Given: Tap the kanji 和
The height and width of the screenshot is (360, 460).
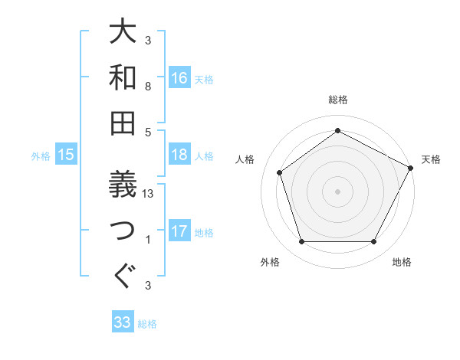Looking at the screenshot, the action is tap(123, 77).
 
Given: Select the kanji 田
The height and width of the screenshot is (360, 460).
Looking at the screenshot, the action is tap(123, 122).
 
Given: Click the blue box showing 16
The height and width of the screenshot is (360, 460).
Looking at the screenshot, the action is tap(179, 77).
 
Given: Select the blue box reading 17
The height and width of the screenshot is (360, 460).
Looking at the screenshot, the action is tap(179, 231).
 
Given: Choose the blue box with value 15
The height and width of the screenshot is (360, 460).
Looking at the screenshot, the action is tap(66, 155).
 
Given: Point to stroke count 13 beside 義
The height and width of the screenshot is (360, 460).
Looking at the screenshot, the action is tap(149, 194).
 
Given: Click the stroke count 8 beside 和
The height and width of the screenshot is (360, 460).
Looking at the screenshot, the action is tap(149, 87).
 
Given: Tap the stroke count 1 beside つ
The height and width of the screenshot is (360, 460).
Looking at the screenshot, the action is tap(149, 240).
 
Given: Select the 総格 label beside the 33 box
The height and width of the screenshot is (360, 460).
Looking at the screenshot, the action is tap(147, 324).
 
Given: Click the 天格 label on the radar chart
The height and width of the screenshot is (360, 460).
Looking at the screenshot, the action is tap(431, 159).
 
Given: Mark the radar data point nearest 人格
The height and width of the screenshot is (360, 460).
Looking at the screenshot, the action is tap(280, 172).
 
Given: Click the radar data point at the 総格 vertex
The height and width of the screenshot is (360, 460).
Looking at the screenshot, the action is tap(337, 130).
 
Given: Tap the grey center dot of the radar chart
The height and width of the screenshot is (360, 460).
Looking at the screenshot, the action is tap(337, 191).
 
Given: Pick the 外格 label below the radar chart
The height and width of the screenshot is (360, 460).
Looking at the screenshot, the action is tap(270, 262).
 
